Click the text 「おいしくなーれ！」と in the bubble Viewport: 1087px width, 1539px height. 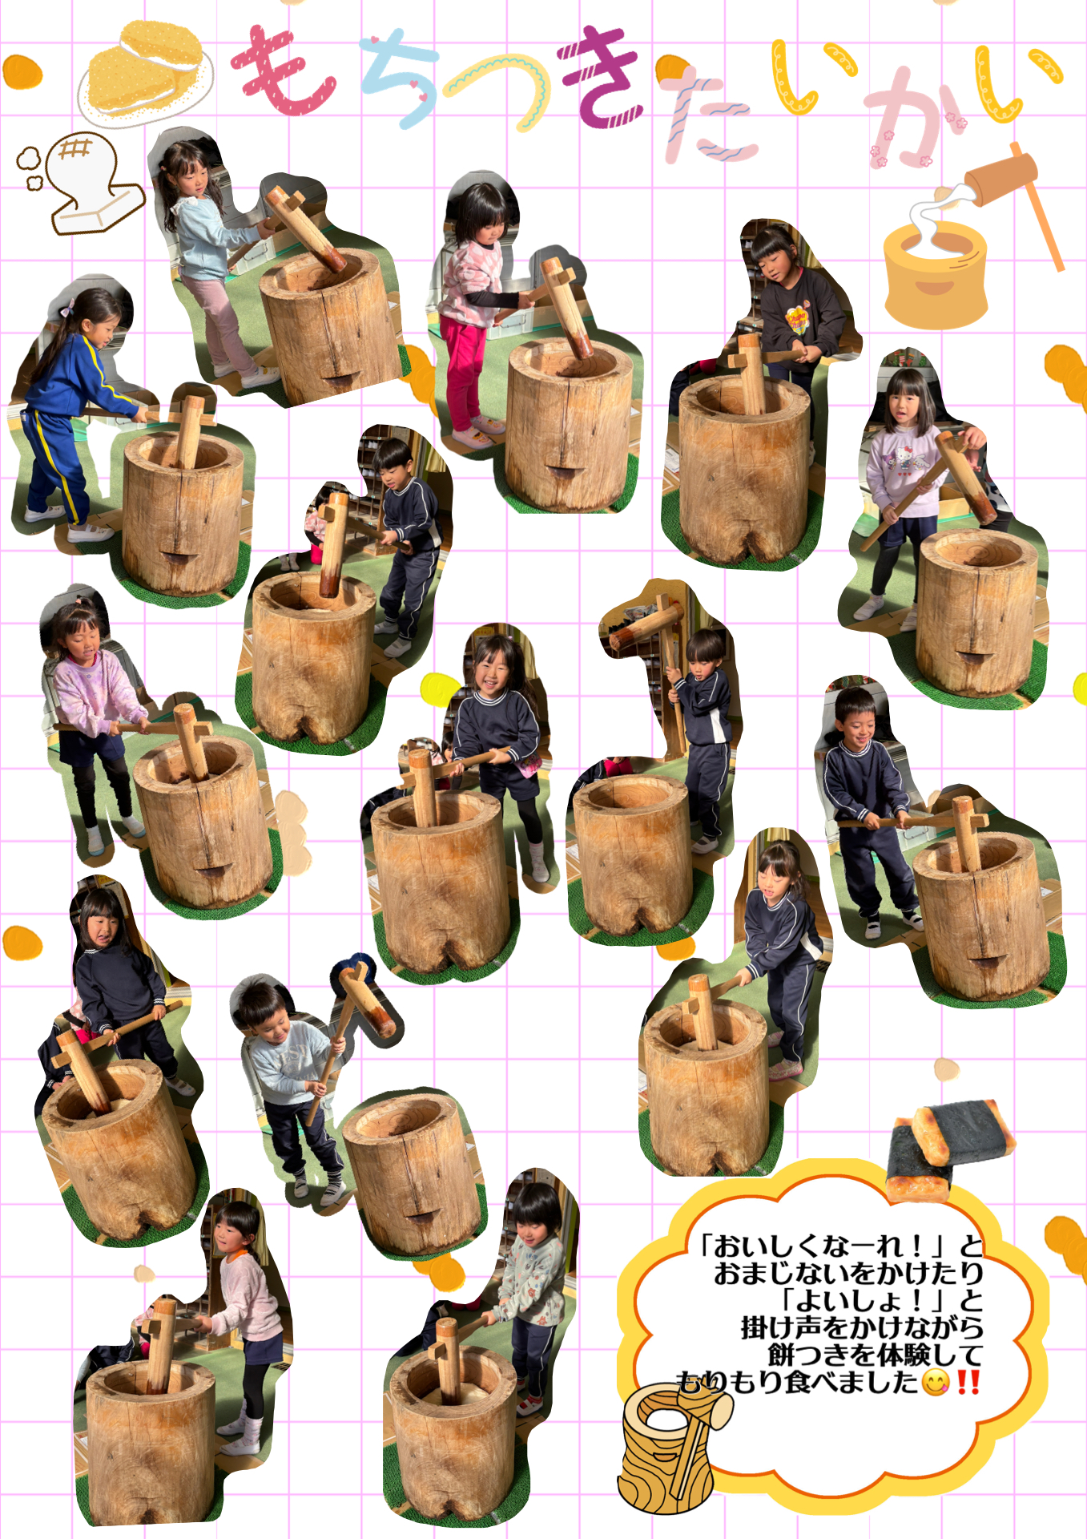coord(840,1246)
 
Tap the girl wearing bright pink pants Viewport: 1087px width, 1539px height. coord(477,313)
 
